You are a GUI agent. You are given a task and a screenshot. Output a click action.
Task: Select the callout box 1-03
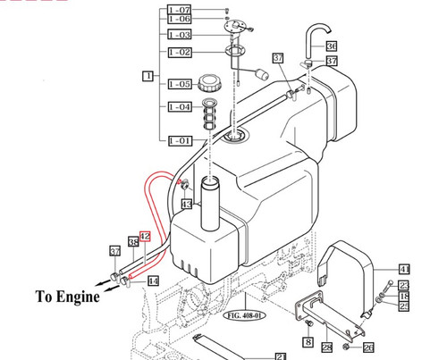[180, 35]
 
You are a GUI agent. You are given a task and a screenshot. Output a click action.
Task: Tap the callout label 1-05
[180, 84]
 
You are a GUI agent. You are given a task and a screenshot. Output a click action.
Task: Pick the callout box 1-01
[180, 140]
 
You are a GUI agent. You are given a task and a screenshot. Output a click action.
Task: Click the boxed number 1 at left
[148, 77]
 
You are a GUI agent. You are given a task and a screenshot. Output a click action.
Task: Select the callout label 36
[332, 46]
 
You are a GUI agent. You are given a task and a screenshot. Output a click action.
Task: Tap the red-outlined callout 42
[146, 237]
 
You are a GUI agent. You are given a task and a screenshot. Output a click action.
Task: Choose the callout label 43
[186, 205]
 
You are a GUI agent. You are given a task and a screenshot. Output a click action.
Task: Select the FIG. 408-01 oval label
[241, 315]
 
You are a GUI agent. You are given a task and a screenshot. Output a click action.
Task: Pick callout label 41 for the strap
[404, 267]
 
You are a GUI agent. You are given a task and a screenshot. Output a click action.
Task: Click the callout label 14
[154, 280]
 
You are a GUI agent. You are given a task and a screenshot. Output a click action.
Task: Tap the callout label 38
[132, 242]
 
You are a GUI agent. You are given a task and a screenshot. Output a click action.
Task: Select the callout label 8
[308, 340]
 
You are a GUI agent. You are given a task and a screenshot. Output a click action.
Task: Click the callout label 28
[327, 347]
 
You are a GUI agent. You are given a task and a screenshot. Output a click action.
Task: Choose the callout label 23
[404, 285]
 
